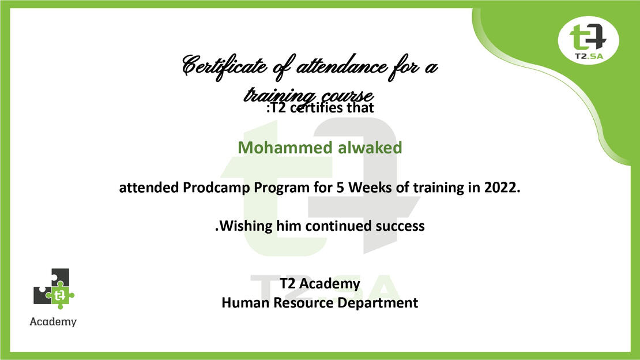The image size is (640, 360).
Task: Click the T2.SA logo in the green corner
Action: [x=588, y=40]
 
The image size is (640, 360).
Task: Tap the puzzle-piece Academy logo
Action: [x=54, y=288]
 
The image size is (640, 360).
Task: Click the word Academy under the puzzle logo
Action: [x=53, y=322]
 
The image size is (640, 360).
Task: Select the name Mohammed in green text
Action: [x=285, y=148]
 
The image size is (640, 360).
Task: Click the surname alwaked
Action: [x=370, y=148]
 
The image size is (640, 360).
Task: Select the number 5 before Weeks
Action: [x=340, y=187]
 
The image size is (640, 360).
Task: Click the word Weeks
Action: [x=370, y=187]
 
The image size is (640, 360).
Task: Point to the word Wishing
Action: [x=246, y=226]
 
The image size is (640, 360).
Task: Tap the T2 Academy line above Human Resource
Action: [x=319, y=284]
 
